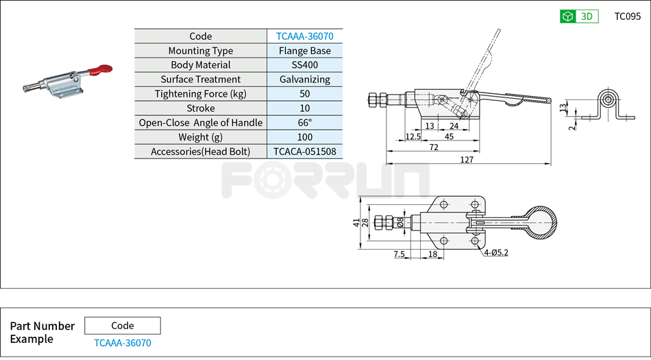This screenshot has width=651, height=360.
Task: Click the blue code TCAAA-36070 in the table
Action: pyautogui.click(x=304, y=36)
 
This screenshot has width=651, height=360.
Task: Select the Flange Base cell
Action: pyautogui.click(x=304, y=51)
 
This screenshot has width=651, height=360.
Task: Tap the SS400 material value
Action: pyautogui.click(x=304, y=65)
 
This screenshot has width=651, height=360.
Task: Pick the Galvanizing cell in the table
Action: pyautogui.click(x=304, y=80)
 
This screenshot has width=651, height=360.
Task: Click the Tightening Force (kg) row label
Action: pyautogui.click(x=200, y=94)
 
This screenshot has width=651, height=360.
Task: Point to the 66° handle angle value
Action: pyautogui.click(x=304, y=123)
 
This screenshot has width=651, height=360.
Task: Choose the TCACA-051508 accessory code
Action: pyautogui.click(x=304, y=152)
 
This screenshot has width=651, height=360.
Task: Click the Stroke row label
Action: pyautogui.click(x=200, y=108)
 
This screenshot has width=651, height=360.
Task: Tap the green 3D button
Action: pyautogui.click(x=579, y=16)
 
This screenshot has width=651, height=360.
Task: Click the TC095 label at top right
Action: pyautogui.click(x=627, y=16)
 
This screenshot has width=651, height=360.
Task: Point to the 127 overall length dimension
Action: pyautogui.click(x=468, y=159)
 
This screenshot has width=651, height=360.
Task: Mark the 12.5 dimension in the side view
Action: pyautogui.click(x=413, y=136)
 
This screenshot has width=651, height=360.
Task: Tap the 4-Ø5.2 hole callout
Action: pyautogui.click(x=495, y=253)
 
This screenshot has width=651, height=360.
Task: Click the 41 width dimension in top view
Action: pyautogui.click(x=356, y=222)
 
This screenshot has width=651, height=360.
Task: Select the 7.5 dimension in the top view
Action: pyautogui.click(x=399, y=254)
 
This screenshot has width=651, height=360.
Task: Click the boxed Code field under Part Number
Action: pyautogui.click(x=122, y=326)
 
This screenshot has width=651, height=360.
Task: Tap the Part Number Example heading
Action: pyautogui.click(x=42, y=333)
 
